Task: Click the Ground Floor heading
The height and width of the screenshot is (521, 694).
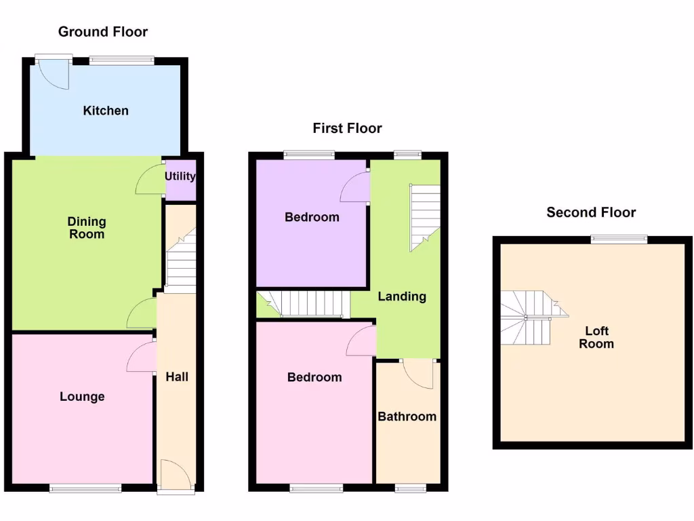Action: tap(102, 31)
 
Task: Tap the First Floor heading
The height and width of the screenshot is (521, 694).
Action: tap(347, 128)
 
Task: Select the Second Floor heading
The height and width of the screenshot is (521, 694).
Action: tap(591, 212)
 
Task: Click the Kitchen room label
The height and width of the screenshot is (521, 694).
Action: tap(106, 111)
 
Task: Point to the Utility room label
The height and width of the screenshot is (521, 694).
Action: tap(180, 176)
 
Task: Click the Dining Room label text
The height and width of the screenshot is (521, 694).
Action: tap(87, 228)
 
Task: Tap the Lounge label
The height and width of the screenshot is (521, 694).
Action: tap(82, 396)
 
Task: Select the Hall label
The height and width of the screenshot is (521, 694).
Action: tap(177, 377)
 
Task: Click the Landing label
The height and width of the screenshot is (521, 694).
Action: tap(402, 296)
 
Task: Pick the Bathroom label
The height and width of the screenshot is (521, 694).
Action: tap(407, 417)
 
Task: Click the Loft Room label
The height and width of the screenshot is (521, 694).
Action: tap(596, 337)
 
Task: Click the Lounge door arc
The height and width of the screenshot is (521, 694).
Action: tap(141, 357)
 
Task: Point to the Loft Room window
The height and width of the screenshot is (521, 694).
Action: tap(618, 238)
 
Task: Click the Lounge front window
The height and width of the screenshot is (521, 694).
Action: tap(85, 486)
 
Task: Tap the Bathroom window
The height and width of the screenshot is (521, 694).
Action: tap(410, 487)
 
